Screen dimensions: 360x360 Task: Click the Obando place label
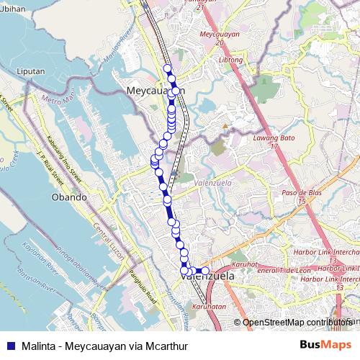click(69, 197)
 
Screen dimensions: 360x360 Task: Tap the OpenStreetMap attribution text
click(296, 323)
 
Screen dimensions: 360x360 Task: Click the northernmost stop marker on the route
click(168, 69)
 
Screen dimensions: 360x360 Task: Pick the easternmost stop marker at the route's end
click(205, 271)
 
